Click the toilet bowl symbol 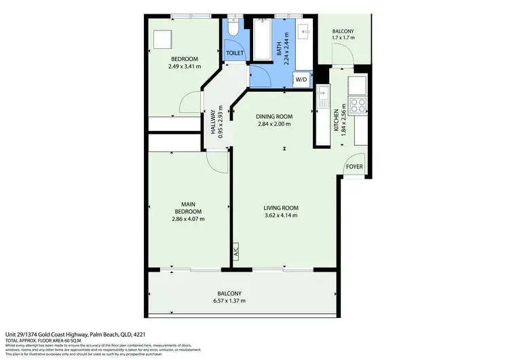point(232,31)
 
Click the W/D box point(301,79)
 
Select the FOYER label point(354,166)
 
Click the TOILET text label point(235,52)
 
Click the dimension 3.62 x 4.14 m point(281,216)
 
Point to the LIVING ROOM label point(281,208)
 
